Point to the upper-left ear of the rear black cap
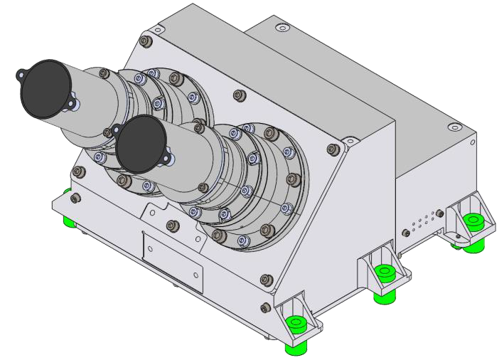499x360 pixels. [x=22, y=71]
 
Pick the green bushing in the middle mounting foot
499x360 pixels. [x=385, y=271]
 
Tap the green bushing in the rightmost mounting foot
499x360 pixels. [x=471, y=221]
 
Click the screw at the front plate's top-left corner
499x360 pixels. [x=147, y=41]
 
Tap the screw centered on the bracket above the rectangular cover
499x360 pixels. [x=171, y=226]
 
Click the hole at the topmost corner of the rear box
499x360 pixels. [x=284, y=27]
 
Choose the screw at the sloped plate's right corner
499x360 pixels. [x=332, y=150]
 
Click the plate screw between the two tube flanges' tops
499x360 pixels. [x=237, y=94]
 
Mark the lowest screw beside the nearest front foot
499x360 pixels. [x=267, y=307]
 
